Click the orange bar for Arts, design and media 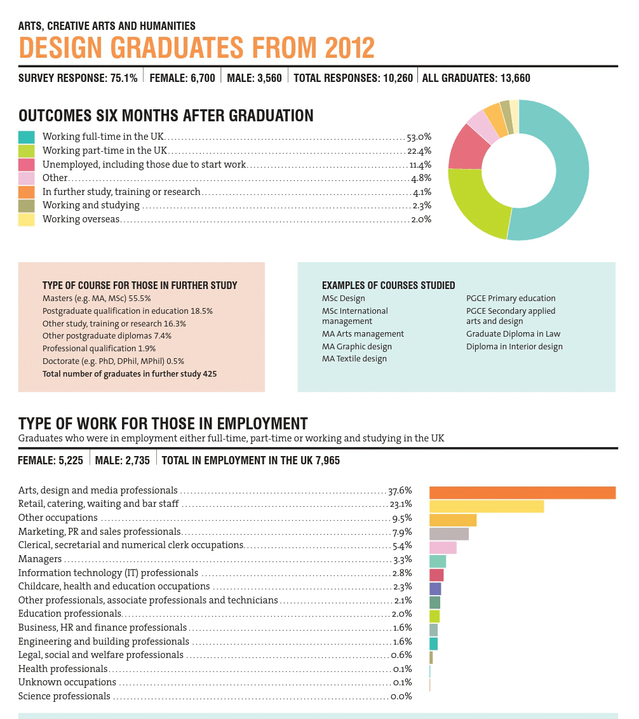[x=522, y=492]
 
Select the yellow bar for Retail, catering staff [x=487, y=506]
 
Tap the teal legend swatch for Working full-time [x=26, y=137]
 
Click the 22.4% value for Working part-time [x=419, y=151]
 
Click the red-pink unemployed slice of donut [x=467, y=147]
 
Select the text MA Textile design [x=354, y=359]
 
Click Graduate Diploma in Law [x=513, y=334]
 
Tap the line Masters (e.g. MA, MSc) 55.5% [x=97, y=299]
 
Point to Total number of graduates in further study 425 [x=130, y=374]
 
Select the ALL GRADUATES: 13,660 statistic [x=476, y=79]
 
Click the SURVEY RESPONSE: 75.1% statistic [x=78, y=79]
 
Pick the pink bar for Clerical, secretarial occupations [x=443, y=548]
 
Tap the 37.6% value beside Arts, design [x=400, y=490]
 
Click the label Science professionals [x=64, y=696]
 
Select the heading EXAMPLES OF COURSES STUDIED [x=388, y=286]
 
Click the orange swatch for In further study [x=26, y=192]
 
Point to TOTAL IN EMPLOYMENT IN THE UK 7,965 [x=251, y=460]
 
